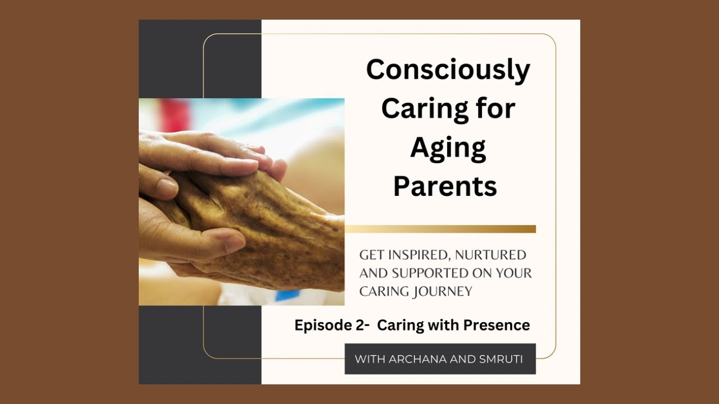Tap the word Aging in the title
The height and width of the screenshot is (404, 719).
point(448,148)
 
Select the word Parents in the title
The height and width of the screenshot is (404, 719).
point(445,186)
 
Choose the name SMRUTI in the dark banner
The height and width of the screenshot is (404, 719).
point(501,359)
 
